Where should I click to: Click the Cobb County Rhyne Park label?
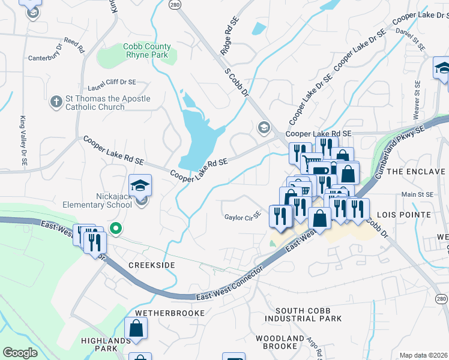tap(147, 50)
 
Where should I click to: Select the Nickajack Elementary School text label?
tap(97, 200)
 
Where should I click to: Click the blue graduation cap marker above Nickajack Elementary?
tap(140, 185)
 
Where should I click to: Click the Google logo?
tap(20, 353)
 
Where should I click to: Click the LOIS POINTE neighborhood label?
tap(403, 214)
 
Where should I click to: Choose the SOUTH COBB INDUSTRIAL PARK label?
tap(308, 314)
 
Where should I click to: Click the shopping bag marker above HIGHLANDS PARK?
tap(136, 328)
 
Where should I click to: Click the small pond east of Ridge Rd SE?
tap(259, 28)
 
